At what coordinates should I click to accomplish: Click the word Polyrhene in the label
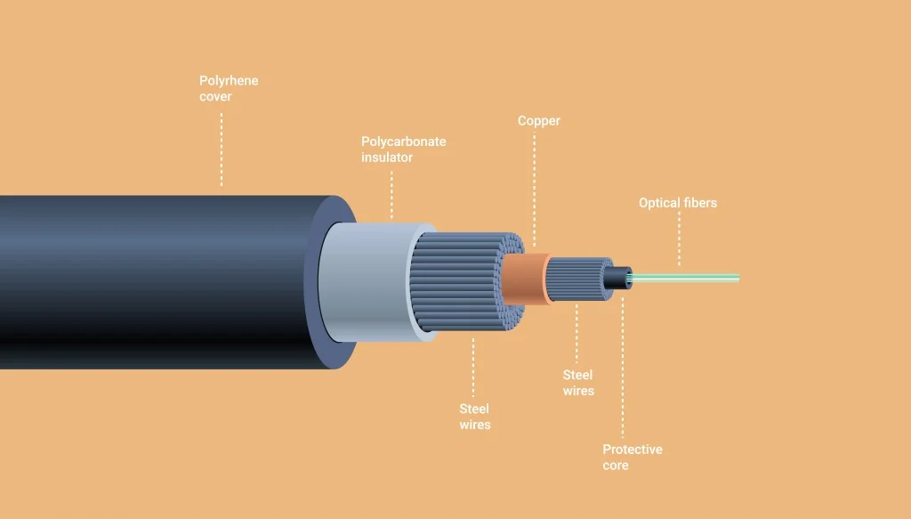coord(229,81)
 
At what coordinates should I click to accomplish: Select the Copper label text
coord(538,120)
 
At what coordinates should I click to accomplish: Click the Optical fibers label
coord(677,203)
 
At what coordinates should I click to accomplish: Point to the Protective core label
coord(632,457)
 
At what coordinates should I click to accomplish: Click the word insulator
coord(387,158)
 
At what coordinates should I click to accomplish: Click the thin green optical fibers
coord(694,278)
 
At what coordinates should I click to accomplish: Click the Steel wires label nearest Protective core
coord(578,383)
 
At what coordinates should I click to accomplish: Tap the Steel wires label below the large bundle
coord(474,417)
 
